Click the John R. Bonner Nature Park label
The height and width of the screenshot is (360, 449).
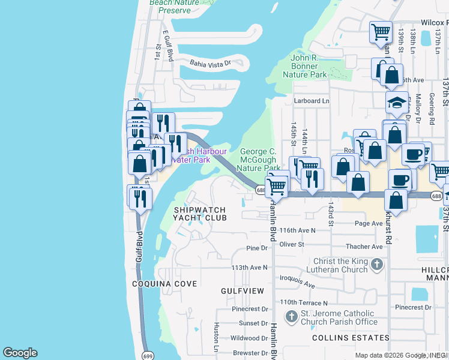tap(309, 66)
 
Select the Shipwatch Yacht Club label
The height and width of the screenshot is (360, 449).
tap(200, 214)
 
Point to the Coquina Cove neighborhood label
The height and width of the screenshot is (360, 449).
tap(164, 284)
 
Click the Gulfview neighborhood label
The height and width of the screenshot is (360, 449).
tap(243, 290)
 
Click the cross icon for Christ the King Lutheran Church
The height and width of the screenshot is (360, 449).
tap(376, 264)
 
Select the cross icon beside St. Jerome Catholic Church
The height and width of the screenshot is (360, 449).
tap(292, 316)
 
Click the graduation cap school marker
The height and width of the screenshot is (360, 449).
tap(397, 103)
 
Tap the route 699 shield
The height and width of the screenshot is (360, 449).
tap(148, 356)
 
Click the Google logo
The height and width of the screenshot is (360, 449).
tap(20, 353)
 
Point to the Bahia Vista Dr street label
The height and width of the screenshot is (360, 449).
tap(210, 62)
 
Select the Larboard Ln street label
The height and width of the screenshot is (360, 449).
tap(312, 101)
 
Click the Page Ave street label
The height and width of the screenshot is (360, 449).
tap(369, 223)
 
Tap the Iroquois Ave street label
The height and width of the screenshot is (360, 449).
tap(297, 281)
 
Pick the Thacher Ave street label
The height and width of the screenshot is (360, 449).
tap(364, 247)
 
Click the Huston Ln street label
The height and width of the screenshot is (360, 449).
tap(217, 337)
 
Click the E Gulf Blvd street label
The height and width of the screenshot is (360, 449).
tap(168, 49)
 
